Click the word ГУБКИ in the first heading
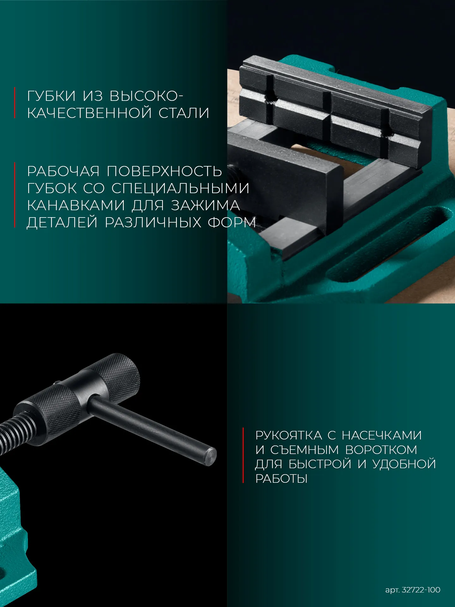coord(52,96)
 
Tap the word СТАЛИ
coord(184,113)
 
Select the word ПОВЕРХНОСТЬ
coord(164,171)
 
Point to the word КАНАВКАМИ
coord(76,205)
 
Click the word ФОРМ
coord(231,223)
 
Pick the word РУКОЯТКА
coord(288,435)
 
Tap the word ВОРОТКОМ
coord(381,450)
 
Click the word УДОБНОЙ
coord(404,464)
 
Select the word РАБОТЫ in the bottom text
coord(281,479)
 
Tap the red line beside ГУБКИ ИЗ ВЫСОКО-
coord(15,103)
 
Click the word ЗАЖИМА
coord(205,205)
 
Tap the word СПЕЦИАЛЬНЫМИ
coord(180,188)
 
